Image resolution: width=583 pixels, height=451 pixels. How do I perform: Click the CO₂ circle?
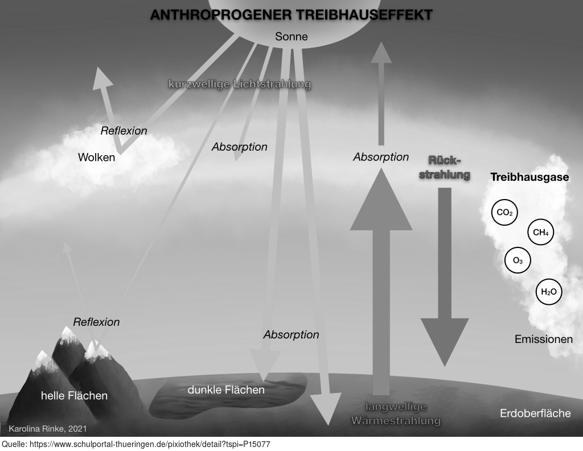504,213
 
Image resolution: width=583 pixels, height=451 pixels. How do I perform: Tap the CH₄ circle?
541,233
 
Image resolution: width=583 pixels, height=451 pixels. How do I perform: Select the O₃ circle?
518,260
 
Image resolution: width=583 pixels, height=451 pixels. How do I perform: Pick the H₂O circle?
549,292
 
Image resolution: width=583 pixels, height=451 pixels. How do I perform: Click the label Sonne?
291,36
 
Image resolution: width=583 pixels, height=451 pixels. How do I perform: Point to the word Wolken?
96,157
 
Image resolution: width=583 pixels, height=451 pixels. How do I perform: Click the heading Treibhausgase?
529,177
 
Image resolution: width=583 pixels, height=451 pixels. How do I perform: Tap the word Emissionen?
544,339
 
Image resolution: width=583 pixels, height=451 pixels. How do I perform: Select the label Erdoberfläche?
535,413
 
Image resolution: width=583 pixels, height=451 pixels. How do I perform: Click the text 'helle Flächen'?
75,396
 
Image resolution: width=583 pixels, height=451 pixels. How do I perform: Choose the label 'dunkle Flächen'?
226,390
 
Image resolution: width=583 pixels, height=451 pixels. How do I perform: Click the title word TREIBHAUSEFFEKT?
364,15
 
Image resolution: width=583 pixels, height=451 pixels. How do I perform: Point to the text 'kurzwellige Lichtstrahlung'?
240,84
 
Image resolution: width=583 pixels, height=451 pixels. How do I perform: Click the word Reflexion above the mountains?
96,322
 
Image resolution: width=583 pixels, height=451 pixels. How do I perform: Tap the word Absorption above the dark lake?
291,335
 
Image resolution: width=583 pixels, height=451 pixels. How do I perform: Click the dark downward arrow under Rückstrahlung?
445,277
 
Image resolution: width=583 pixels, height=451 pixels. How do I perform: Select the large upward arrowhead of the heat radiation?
381,199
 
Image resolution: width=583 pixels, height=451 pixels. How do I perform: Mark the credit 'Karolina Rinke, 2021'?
48,429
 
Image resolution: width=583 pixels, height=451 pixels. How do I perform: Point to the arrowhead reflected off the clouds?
102,78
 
